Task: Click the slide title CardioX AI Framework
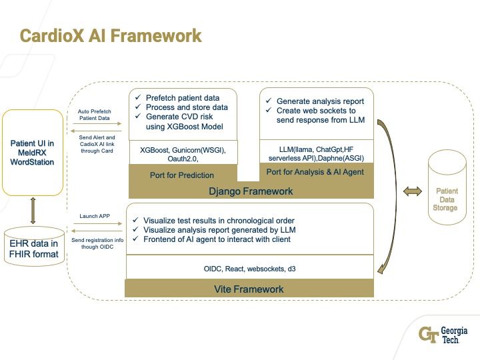(x=111, y=35)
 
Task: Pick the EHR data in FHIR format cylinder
(x=33, y=245)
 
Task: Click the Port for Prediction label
(x=182, y=175)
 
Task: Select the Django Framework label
(x=251, y=191)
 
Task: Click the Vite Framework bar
(x=249, y=289)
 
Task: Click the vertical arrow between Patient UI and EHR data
(x=33, y=211)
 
